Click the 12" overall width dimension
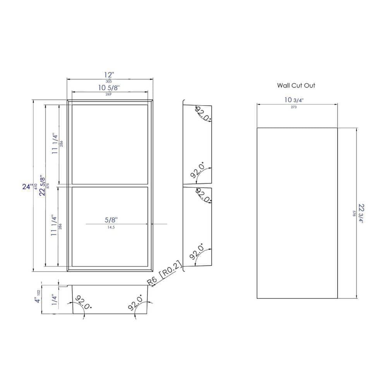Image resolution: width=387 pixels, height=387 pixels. coord(110,74)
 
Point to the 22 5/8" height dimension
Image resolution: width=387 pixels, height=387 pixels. coord(43,184)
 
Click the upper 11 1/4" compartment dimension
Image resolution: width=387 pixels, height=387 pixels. coord(55,144)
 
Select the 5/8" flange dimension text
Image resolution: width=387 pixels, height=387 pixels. coord(111,219)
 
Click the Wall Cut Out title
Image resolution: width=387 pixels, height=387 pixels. coord(296,85)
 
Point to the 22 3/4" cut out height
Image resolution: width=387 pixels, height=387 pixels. coord(361,213)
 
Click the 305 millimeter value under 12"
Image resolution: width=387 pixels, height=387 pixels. coord(109,81)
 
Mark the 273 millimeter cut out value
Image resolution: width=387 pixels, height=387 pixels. coord(293,107)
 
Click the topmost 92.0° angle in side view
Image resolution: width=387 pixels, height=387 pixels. coord(203,113)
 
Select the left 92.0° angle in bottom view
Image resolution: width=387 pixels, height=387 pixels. coord(82,302)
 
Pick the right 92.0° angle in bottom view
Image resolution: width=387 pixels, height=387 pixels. coord(135,302)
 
